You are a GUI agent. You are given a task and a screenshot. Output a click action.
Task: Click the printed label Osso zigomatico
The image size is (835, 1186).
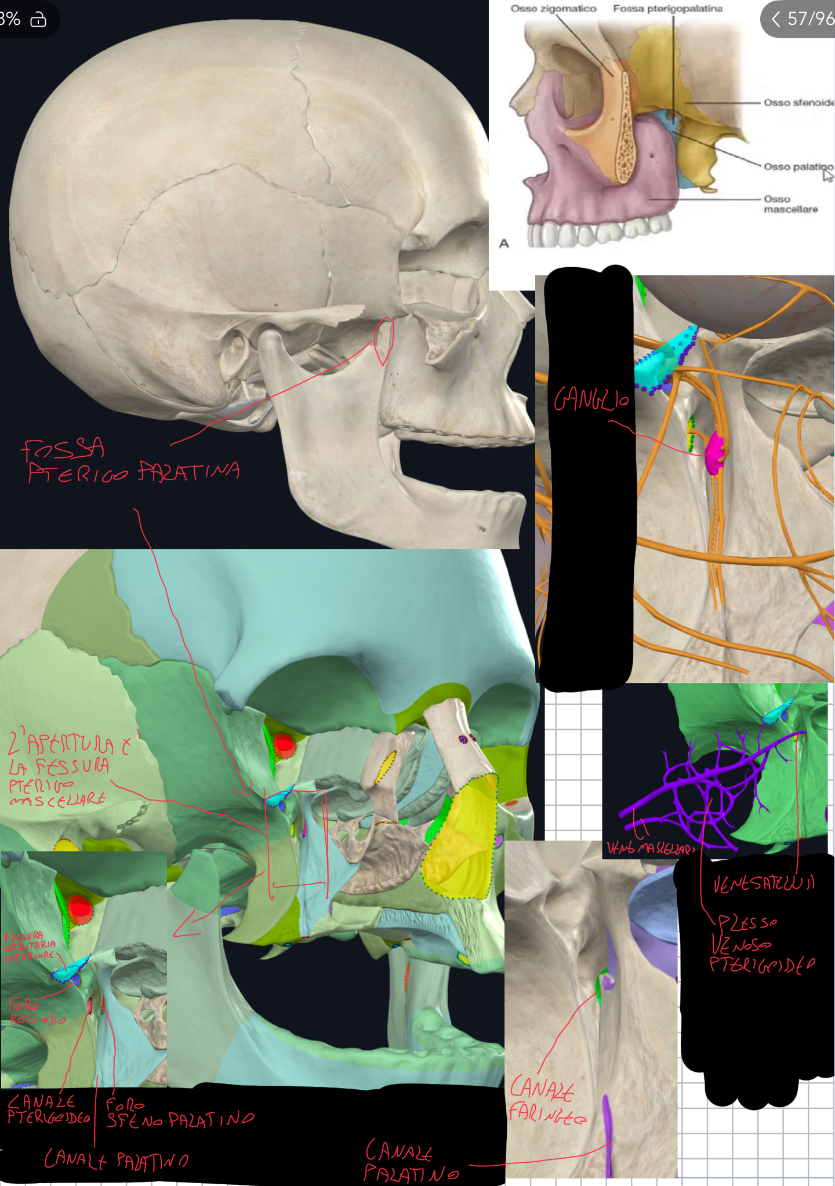[553, 9]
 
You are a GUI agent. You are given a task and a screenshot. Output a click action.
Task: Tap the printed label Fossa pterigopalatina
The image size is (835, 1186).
[667, 9]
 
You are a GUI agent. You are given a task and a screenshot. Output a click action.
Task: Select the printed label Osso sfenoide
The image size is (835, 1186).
[798, 103]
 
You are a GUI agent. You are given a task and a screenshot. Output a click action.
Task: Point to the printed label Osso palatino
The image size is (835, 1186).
[797, 167]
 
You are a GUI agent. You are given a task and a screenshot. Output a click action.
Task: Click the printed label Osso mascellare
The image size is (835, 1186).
[790, 204]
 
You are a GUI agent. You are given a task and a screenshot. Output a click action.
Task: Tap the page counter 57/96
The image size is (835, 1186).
[809, 19]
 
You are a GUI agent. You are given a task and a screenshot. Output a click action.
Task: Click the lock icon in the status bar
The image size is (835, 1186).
[38, 20]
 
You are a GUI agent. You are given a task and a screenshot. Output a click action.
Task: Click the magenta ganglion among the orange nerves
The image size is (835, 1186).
[714, 452]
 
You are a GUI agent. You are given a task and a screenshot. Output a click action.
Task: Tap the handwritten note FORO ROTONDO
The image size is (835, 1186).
[36, 1012]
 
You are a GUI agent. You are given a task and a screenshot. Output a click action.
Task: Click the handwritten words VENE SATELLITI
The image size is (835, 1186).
[764, 883]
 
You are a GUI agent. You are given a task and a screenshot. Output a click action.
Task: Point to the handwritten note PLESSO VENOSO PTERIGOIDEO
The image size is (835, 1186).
[761, 944]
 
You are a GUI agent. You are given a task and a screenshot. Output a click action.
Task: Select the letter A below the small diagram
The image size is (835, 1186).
[504, 243]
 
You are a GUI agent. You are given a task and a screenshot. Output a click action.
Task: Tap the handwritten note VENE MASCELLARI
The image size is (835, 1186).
[650, 849]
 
